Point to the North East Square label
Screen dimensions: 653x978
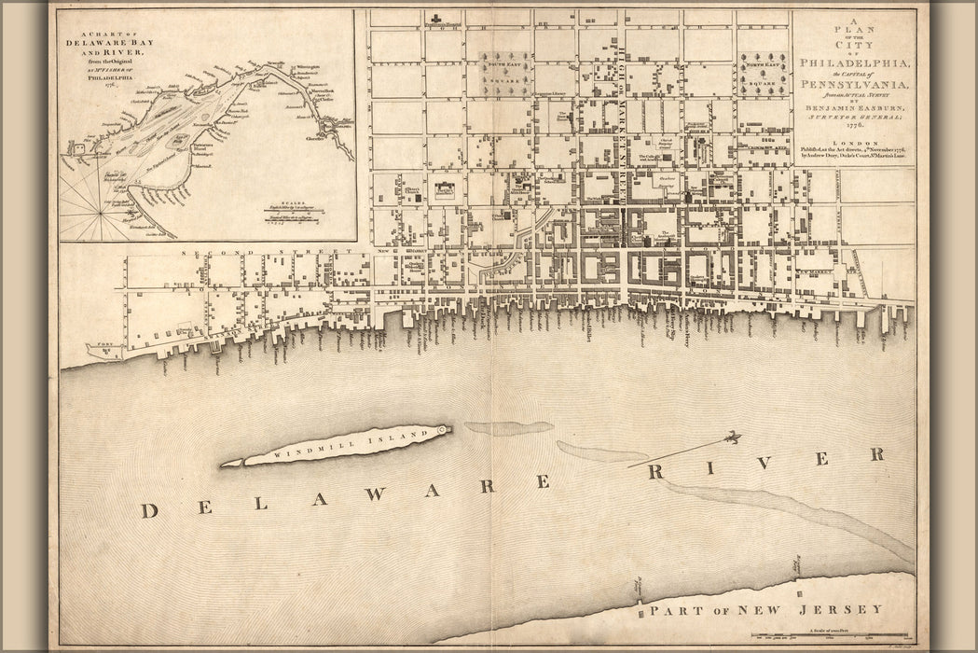(x=763, y=67)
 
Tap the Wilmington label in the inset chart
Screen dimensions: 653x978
(x=308, y=68)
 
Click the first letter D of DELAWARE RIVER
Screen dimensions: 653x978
(x=147, y=510)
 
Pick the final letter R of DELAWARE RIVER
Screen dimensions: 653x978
(x=875, y=454)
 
